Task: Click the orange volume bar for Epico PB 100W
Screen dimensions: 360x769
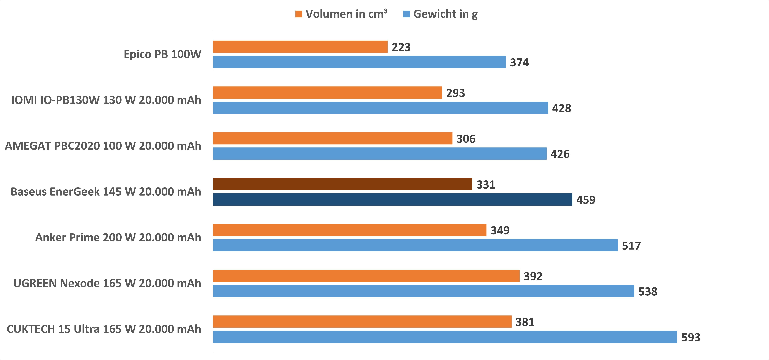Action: coord(300,47)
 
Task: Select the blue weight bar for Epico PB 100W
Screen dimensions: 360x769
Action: coord(359,62)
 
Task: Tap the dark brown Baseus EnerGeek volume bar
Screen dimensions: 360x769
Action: coord(342,184)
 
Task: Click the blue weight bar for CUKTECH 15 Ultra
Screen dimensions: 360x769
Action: coord(445,337)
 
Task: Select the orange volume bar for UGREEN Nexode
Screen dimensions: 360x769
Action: coord(366,276)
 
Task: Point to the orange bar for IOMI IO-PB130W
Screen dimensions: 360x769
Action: coord(327,93)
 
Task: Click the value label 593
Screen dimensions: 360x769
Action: coord(691,337)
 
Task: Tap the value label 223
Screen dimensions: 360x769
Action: coord(401,47)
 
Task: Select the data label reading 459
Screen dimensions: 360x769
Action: coord(585,200)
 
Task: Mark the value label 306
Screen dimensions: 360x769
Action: coord(466,139)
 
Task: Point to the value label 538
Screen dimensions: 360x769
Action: coord(647,291)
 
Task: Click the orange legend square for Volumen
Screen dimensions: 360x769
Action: coord(299,14)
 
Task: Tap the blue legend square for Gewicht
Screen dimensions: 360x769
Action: coord(406,14)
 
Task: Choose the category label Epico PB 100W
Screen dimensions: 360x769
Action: coord(162,54)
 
